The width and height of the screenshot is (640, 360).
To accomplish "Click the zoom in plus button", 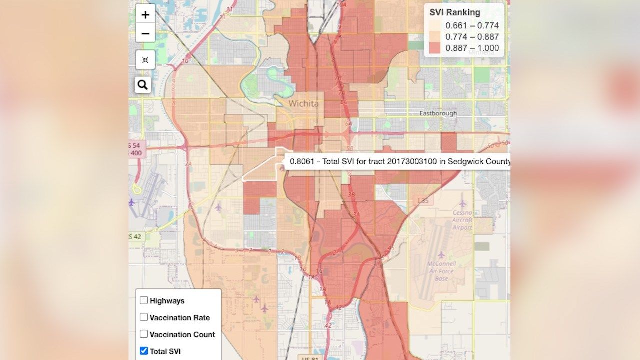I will tap(145, 15).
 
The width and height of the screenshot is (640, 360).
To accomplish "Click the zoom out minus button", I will tap(145, 34).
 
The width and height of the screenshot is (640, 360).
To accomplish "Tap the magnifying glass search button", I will tap(143, 85).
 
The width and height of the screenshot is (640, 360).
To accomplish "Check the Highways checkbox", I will tap(144, 300).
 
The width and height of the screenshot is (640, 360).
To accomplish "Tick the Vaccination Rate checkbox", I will tap(144, 317).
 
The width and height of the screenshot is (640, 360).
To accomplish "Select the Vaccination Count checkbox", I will tap(144, 334).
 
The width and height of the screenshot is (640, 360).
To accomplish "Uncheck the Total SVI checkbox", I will tap(144, 351).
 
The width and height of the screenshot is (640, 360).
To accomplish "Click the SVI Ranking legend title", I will tap(455, 13).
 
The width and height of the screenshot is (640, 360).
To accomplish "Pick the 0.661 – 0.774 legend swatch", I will tap(435, 26).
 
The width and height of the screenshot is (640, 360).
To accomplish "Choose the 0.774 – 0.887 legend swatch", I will tap(435, 37).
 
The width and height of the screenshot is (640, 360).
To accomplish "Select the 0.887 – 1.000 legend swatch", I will tap(435, 48).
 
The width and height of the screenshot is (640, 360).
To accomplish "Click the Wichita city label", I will tap(303, 104).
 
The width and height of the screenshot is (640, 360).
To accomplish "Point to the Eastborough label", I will tap(438, 113).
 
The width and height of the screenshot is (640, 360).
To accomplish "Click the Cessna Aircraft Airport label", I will tap(462, 220).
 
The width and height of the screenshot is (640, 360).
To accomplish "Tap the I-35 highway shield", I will tap(422, 200).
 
